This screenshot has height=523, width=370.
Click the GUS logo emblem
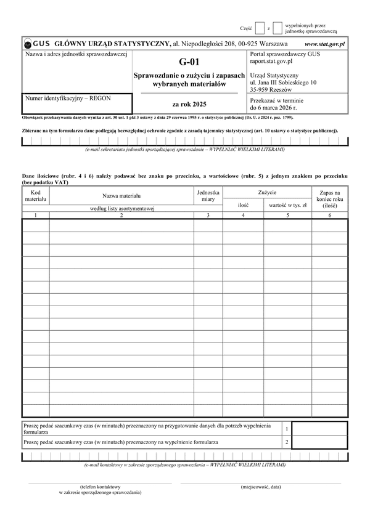(28, 44)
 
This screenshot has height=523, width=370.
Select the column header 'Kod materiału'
(36, 196)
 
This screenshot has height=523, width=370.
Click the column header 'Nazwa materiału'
(121, 196)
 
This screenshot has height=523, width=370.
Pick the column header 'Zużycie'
(267, 192)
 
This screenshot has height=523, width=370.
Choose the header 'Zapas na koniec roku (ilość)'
(329, 199)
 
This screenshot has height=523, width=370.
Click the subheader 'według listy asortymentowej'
(121, 209)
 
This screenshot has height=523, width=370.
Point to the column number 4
(243, 215)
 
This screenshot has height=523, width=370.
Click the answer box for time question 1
(319, 428)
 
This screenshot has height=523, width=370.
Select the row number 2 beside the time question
(286, 442)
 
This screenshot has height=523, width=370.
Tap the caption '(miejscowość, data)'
(261, 487)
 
